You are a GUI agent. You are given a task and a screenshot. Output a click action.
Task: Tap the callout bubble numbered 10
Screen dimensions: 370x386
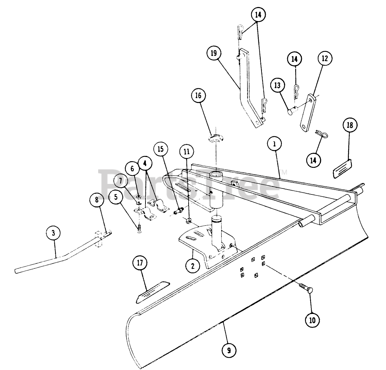point(312,319)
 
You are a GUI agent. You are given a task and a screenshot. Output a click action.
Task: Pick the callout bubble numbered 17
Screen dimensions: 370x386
point(140,263)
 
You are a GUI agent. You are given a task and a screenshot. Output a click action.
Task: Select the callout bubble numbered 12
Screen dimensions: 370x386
point(325,59)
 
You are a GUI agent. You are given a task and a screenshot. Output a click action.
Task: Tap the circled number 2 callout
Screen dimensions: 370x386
point(192,265)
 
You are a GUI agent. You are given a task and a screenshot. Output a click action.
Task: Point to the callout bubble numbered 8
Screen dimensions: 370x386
point(97,200)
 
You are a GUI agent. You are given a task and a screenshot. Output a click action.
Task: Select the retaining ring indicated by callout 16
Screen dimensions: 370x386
point(216,139)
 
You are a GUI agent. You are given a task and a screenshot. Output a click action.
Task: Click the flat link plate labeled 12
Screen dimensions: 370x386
point(307,112)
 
